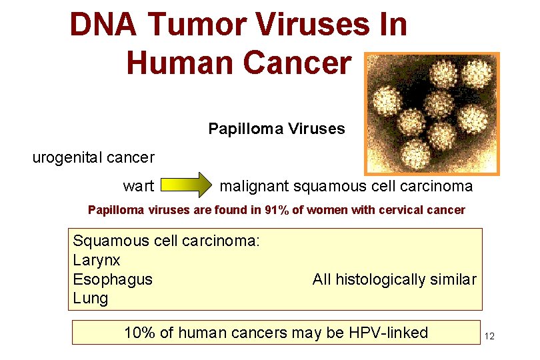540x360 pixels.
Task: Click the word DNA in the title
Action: [103, 25]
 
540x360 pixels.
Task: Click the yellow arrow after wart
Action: [185, 186]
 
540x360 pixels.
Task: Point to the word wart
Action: [138, 186]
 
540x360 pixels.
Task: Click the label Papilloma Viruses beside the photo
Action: [277, 129]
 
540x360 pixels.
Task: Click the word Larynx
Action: [96, 260]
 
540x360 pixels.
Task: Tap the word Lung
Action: [90, 298]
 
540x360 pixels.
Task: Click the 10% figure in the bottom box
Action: [138, 332]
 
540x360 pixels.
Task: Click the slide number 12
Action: [489, 336]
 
